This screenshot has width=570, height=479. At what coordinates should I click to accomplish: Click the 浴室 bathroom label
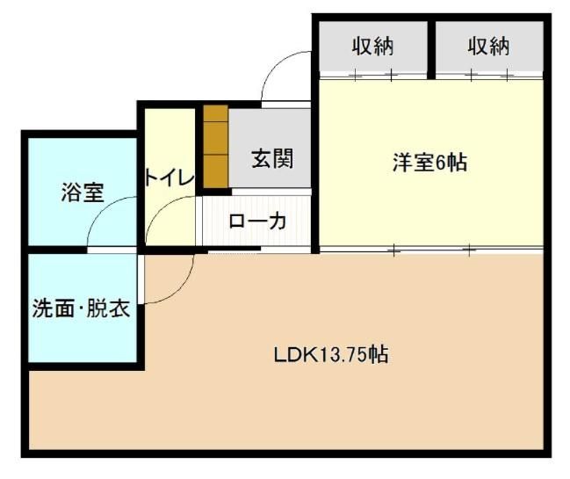point(83,192)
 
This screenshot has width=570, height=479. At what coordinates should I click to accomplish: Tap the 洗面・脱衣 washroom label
point(81,308)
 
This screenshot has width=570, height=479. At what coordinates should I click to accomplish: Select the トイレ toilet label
point(170,178)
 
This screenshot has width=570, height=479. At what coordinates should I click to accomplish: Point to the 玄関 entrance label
point(272,158)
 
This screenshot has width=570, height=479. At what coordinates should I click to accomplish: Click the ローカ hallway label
point(257,221)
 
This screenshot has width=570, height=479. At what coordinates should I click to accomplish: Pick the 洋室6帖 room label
point(430,163)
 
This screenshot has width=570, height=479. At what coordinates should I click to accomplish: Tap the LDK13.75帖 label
point(331,354)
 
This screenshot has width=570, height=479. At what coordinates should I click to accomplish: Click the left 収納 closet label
point(372,47)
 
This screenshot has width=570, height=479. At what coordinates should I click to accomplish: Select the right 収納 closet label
point(488,47)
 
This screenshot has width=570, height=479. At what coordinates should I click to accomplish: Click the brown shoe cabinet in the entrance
point(215,146)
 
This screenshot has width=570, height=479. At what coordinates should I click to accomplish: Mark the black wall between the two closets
point(431,50)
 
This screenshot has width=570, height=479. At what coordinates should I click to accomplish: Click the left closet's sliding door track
point(373,76)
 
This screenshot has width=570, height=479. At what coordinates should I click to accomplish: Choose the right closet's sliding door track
point(489,76)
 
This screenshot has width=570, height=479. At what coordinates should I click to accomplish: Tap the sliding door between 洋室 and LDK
point(431,250)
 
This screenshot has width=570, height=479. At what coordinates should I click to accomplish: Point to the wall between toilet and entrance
point(198,149)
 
